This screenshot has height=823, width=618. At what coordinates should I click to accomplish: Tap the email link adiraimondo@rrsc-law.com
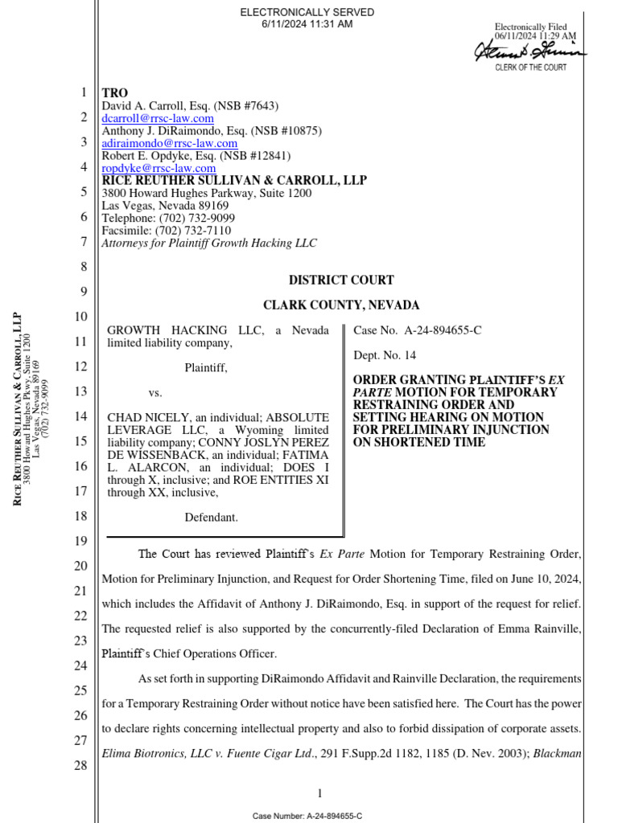pos(169,143)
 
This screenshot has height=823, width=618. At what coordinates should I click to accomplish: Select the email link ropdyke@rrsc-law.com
pos(159,168)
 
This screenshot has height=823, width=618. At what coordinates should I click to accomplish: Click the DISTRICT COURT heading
pos(341,280)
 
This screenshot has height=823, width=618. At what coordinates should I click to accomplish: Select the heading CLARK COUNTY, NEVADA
pos(341,305)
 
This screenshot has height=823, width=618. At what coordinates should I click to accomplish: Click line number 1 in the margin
pos(83,93)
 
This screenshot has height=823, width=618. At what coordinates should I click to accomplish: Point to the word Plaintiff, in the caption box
pos(206,367)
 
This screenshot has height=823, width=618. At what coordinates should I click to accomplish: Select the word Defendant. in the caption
pos(211,517)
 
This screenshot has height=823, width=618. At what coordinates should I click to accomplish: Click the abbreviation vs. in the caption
pos(155,393)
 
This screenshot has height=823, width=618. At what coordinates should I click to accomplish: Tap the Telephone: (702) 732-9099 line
pos(168,218)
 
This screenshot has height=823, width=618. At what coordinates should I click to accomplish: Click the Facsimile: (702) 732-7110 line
pos(166,230)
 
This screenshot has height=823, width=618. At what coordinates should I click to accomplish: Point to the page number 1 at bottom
pos(320,793)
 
